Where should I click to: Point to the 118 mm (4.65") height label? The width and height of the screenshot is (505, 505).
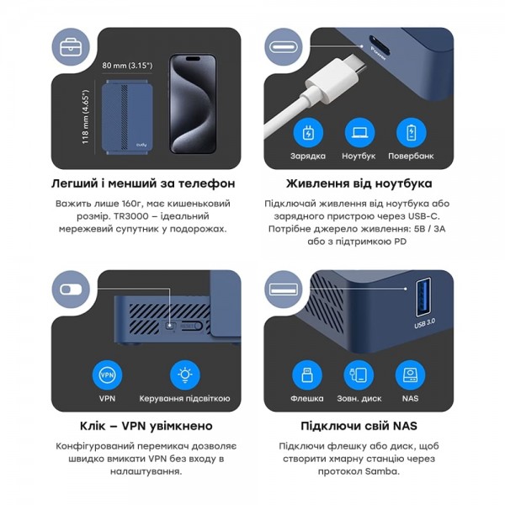pos(87,117)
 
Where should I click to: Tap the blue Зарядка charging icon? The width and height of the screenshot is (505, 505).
pos(308,133)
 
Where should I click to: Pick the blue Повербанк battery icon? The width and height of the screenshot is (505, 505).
pos(411,133)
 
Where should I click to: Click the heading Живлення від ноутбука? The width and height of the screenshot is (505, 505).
pos(359,183)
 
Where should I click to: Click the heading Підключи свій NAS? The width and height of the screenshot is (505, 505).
pos(359,426)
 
